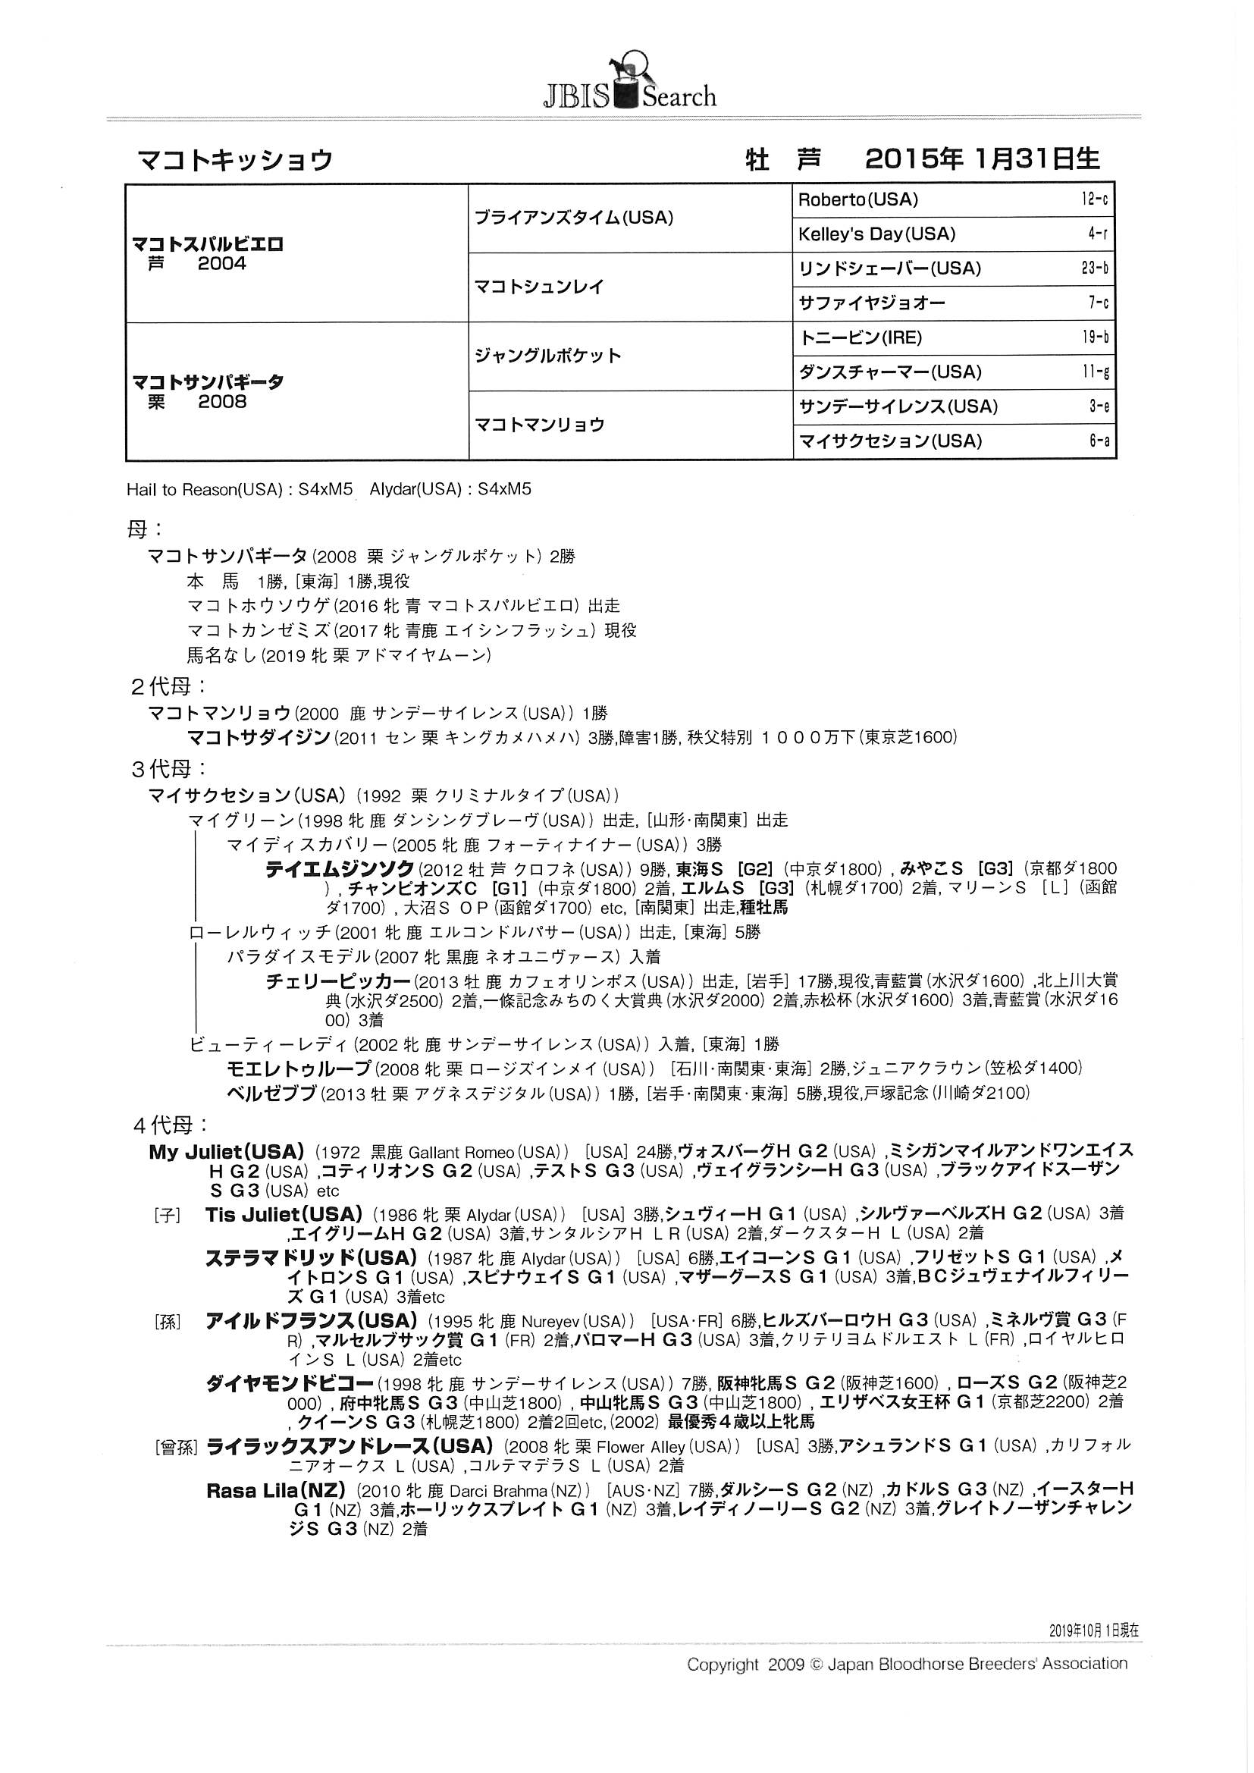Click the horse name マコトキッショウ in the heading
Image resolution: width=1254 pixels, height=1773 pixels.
235,160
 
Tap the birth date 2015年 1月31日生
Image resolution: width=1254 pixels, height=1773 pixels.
982,159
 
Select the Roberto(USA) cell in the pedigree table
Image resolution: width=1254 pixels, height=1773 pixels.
858,200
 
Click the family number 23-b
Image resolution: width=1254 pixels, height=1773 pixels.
1094,268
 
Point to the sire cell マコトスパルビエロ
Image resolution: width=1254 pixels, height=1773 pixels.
208,245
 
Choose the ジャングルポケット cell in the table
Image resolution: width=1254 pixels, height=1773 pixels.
547,356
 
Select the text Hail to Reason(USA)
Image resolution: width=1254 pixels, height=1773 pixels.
203,490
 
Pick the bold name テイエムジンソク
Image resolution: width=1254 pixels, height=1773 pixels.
340,870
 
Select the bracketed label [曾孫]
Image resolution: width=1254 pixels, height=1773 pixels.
177,1448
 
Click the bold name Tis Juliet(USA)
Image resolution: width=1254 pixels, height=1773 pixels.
284,1214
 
